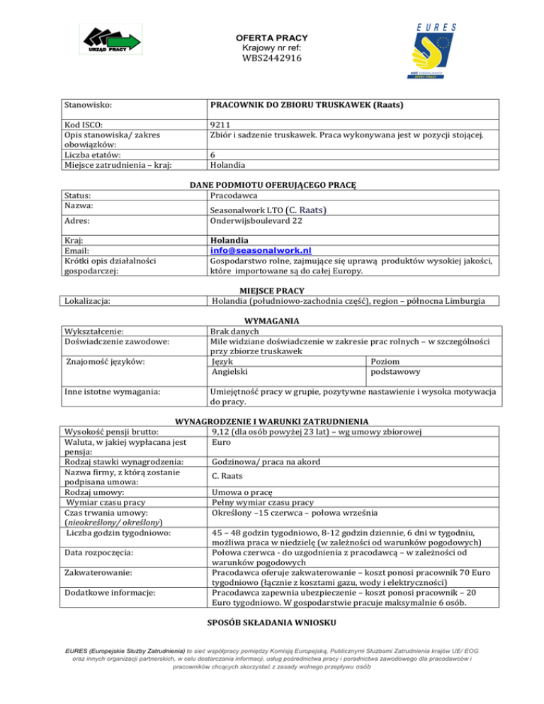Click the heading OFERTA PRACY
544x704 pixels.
[272, 38]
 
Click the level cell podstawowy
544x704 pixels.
[394, 370]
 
